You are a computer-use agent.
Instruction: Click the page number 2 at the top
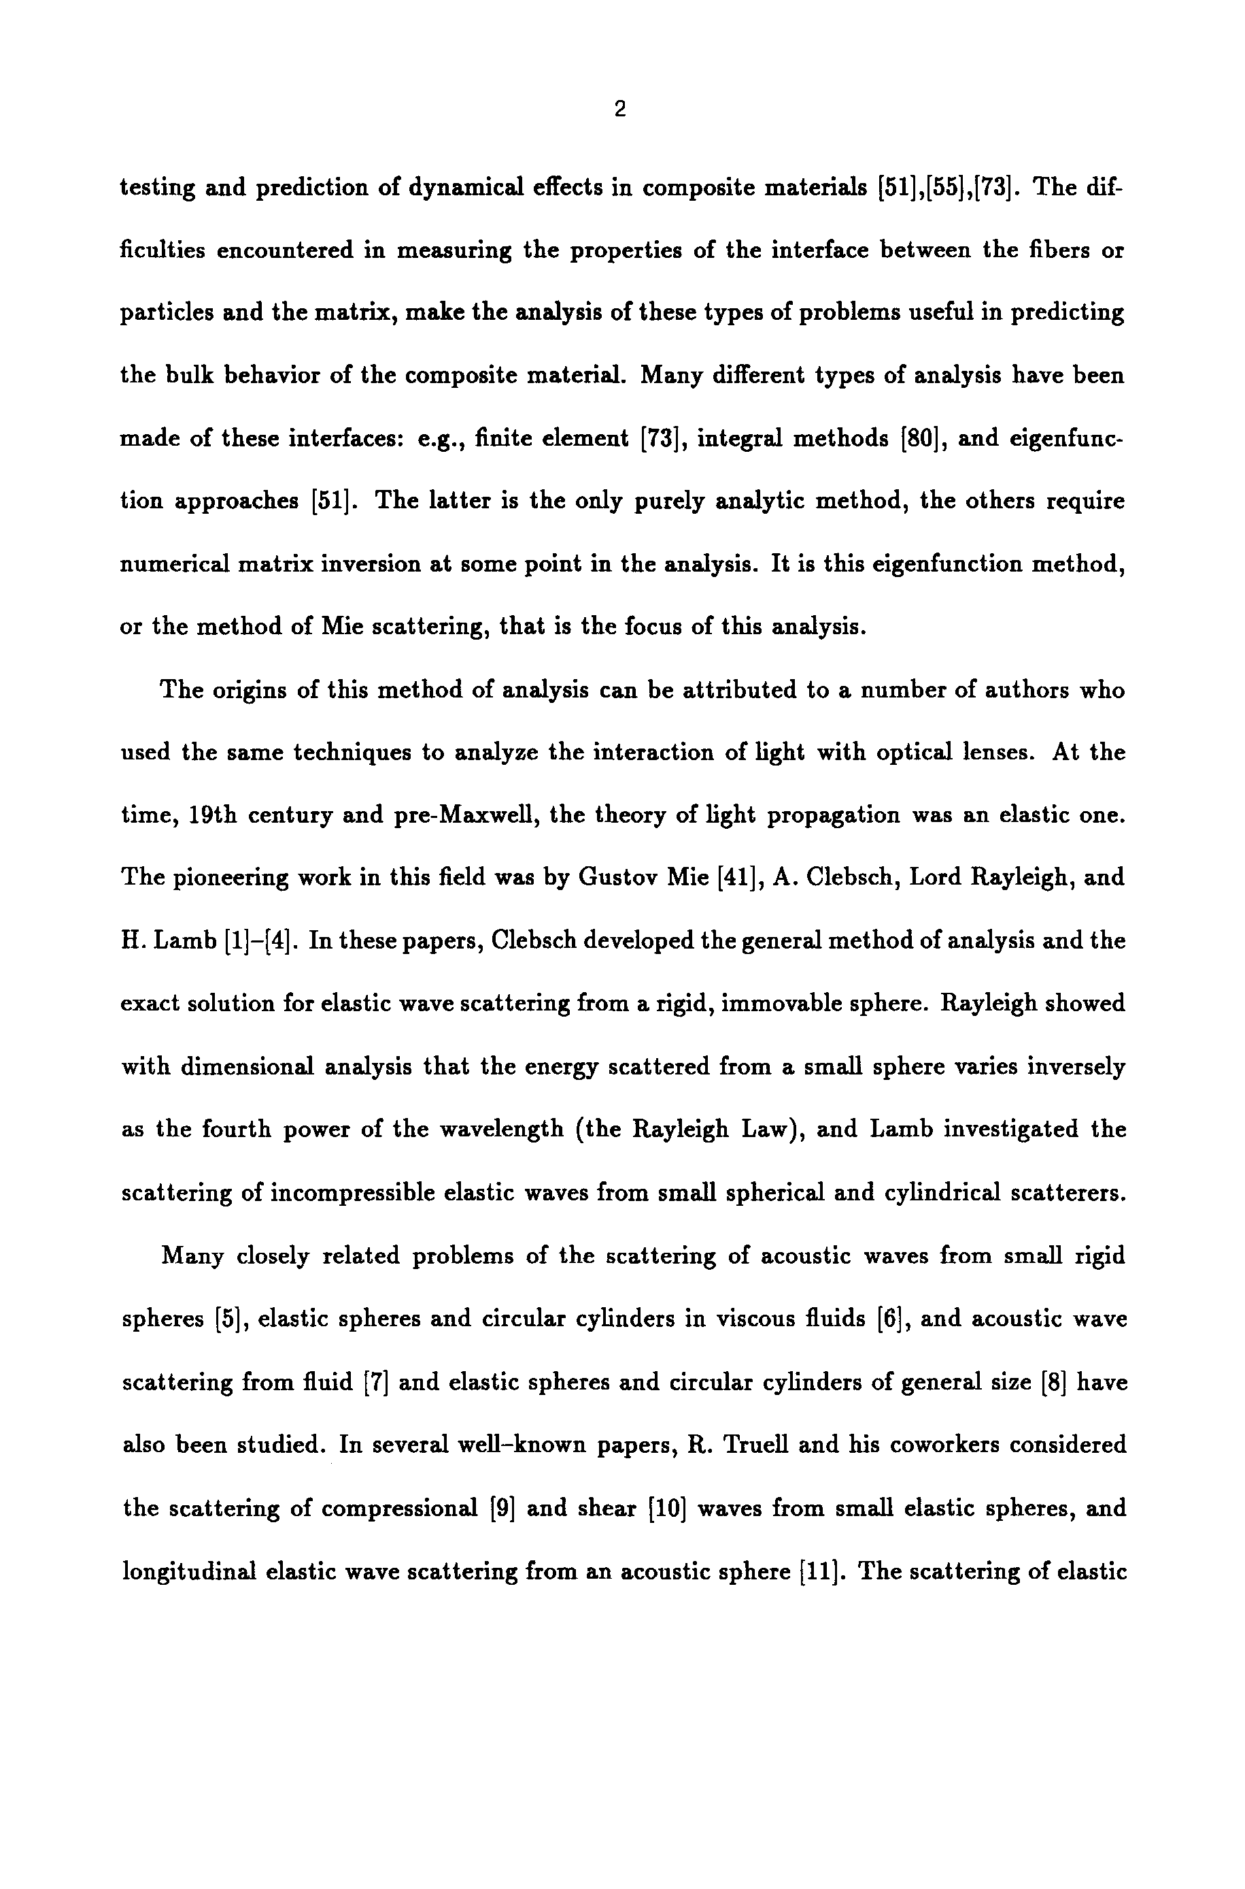(620, 110)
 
